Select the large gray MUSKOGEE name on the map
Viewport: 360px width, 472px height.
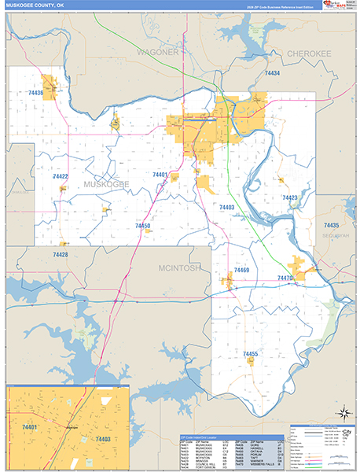click(x=107, y=184)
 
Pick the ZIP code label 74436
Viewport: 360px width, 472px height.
click(x=35, y=93)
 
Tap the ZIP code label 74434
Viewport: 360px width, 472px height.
click(x=272, y=73)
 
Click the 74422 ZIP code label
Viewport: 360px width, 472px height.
click(x=61, y=176)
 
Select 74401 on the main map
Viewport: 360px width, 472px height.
click(x=160, y=174)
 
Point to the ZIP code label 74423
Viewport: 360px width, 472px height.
click(x=290, y=197)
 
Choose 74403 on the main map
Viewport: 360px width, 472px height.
click(x=226, y=207)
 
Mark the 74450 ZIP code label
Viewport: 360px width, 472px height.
click(x=142, y=226)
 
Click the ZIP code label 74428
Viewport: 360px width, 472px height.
click(x=61, y=255)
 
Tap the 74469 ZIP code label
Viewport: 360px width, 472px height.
click(x=241, y=270)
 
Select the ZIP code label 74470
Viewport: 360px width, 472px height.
click(x=285, y=278)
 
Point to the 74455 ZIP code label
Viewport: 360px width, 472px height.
click(x=250, y=354)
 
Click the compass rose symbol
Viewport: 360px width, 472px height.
click(x=343, y=413)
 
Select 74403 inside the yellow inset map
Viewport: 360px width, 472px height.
click(x=104, y=438)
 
